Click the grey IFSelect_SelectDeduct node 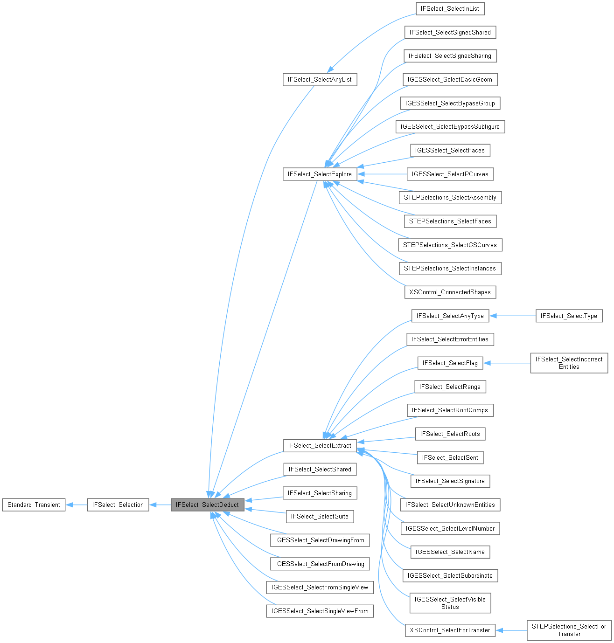207,505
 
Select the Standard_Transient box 34,505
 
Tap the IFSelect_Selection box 118,505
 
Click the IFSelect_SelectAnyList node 320,79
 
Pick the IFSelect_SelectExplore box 320,174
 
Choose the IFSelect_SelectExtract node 320,445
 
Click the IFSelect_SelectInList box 450,8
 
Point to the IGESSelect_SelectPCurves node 450,174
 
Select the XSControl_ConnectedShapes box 450,292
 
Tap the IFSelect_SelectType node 569,316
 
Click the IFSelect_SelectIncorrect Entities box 569,363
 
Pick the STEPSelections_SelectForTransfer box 569,630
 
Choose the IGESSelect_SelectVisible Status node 450,603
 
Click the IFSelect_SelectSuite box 320,516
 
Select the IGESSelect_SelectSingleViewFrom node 320,611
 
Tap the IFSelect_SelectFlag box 450,363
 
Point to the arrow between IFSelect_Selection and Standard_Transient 77,505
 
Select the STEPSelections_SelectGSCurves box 450,245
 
